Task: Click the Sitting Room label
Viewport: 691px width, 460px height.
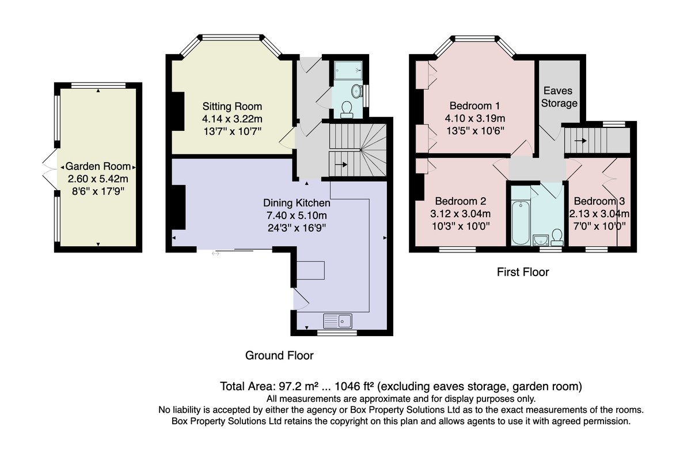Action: coord(232,107)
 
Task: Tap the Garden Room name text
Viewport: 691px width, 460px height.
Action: coord(98,167)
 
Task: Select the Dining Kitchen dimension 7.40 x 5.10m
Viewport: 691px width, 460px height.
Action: coord(297,215)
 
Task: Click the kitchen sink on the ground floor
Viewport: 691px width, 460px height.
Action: coord(337,321)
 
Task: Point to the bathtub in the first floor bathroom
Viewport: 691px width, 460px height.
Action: coord(521,223)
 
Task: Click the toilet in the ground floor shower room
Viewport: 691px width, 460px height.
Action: coord(347,110)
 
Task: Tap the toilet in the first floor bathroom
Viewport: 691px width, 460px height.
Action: coord(557,237)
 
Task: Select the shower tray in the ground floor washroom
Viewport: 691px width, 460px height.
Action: coord(348,70)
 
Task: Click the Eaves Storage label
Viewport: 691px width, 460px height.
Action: coord(559,97)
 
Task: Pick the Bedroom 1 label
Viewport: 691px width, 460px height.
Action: coord(474,106)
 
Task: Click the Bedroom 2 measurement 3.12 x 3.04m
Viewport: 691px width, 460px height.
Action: coord(460,214)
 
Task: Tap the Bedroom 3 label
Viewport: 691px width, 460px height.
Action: coord(599,201)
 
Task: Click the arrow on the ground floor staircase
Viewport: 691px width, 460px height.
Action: coord(341,164)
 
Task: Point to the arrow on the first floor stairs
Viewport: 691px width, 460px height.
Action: coord(580,141)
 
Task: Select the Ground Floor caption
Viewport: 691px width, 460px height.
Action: coord(279,355)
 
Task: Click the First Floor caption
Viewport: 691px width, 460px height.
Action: coord(523,272)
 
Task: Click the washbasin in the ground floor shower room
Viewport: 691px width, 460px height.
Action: coord(357,91)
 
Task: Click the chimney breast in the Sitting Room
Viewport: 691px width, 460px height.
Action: coord(178,111)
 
